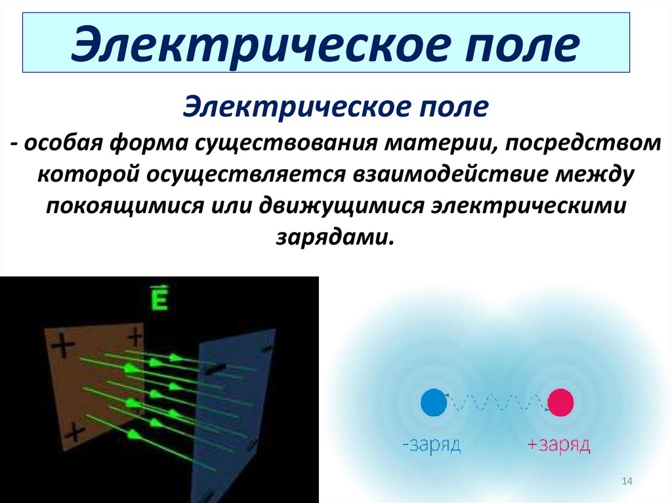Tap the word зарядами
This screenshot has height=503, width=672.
click(x=335, y=235)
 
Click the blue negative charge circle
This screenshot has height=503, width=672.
click(x=432, y=402)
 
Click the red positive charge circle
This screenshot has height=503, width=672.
click(x=560, y=402)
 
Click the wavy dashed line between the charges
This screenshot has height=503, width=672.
click(x=496, y=400)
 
